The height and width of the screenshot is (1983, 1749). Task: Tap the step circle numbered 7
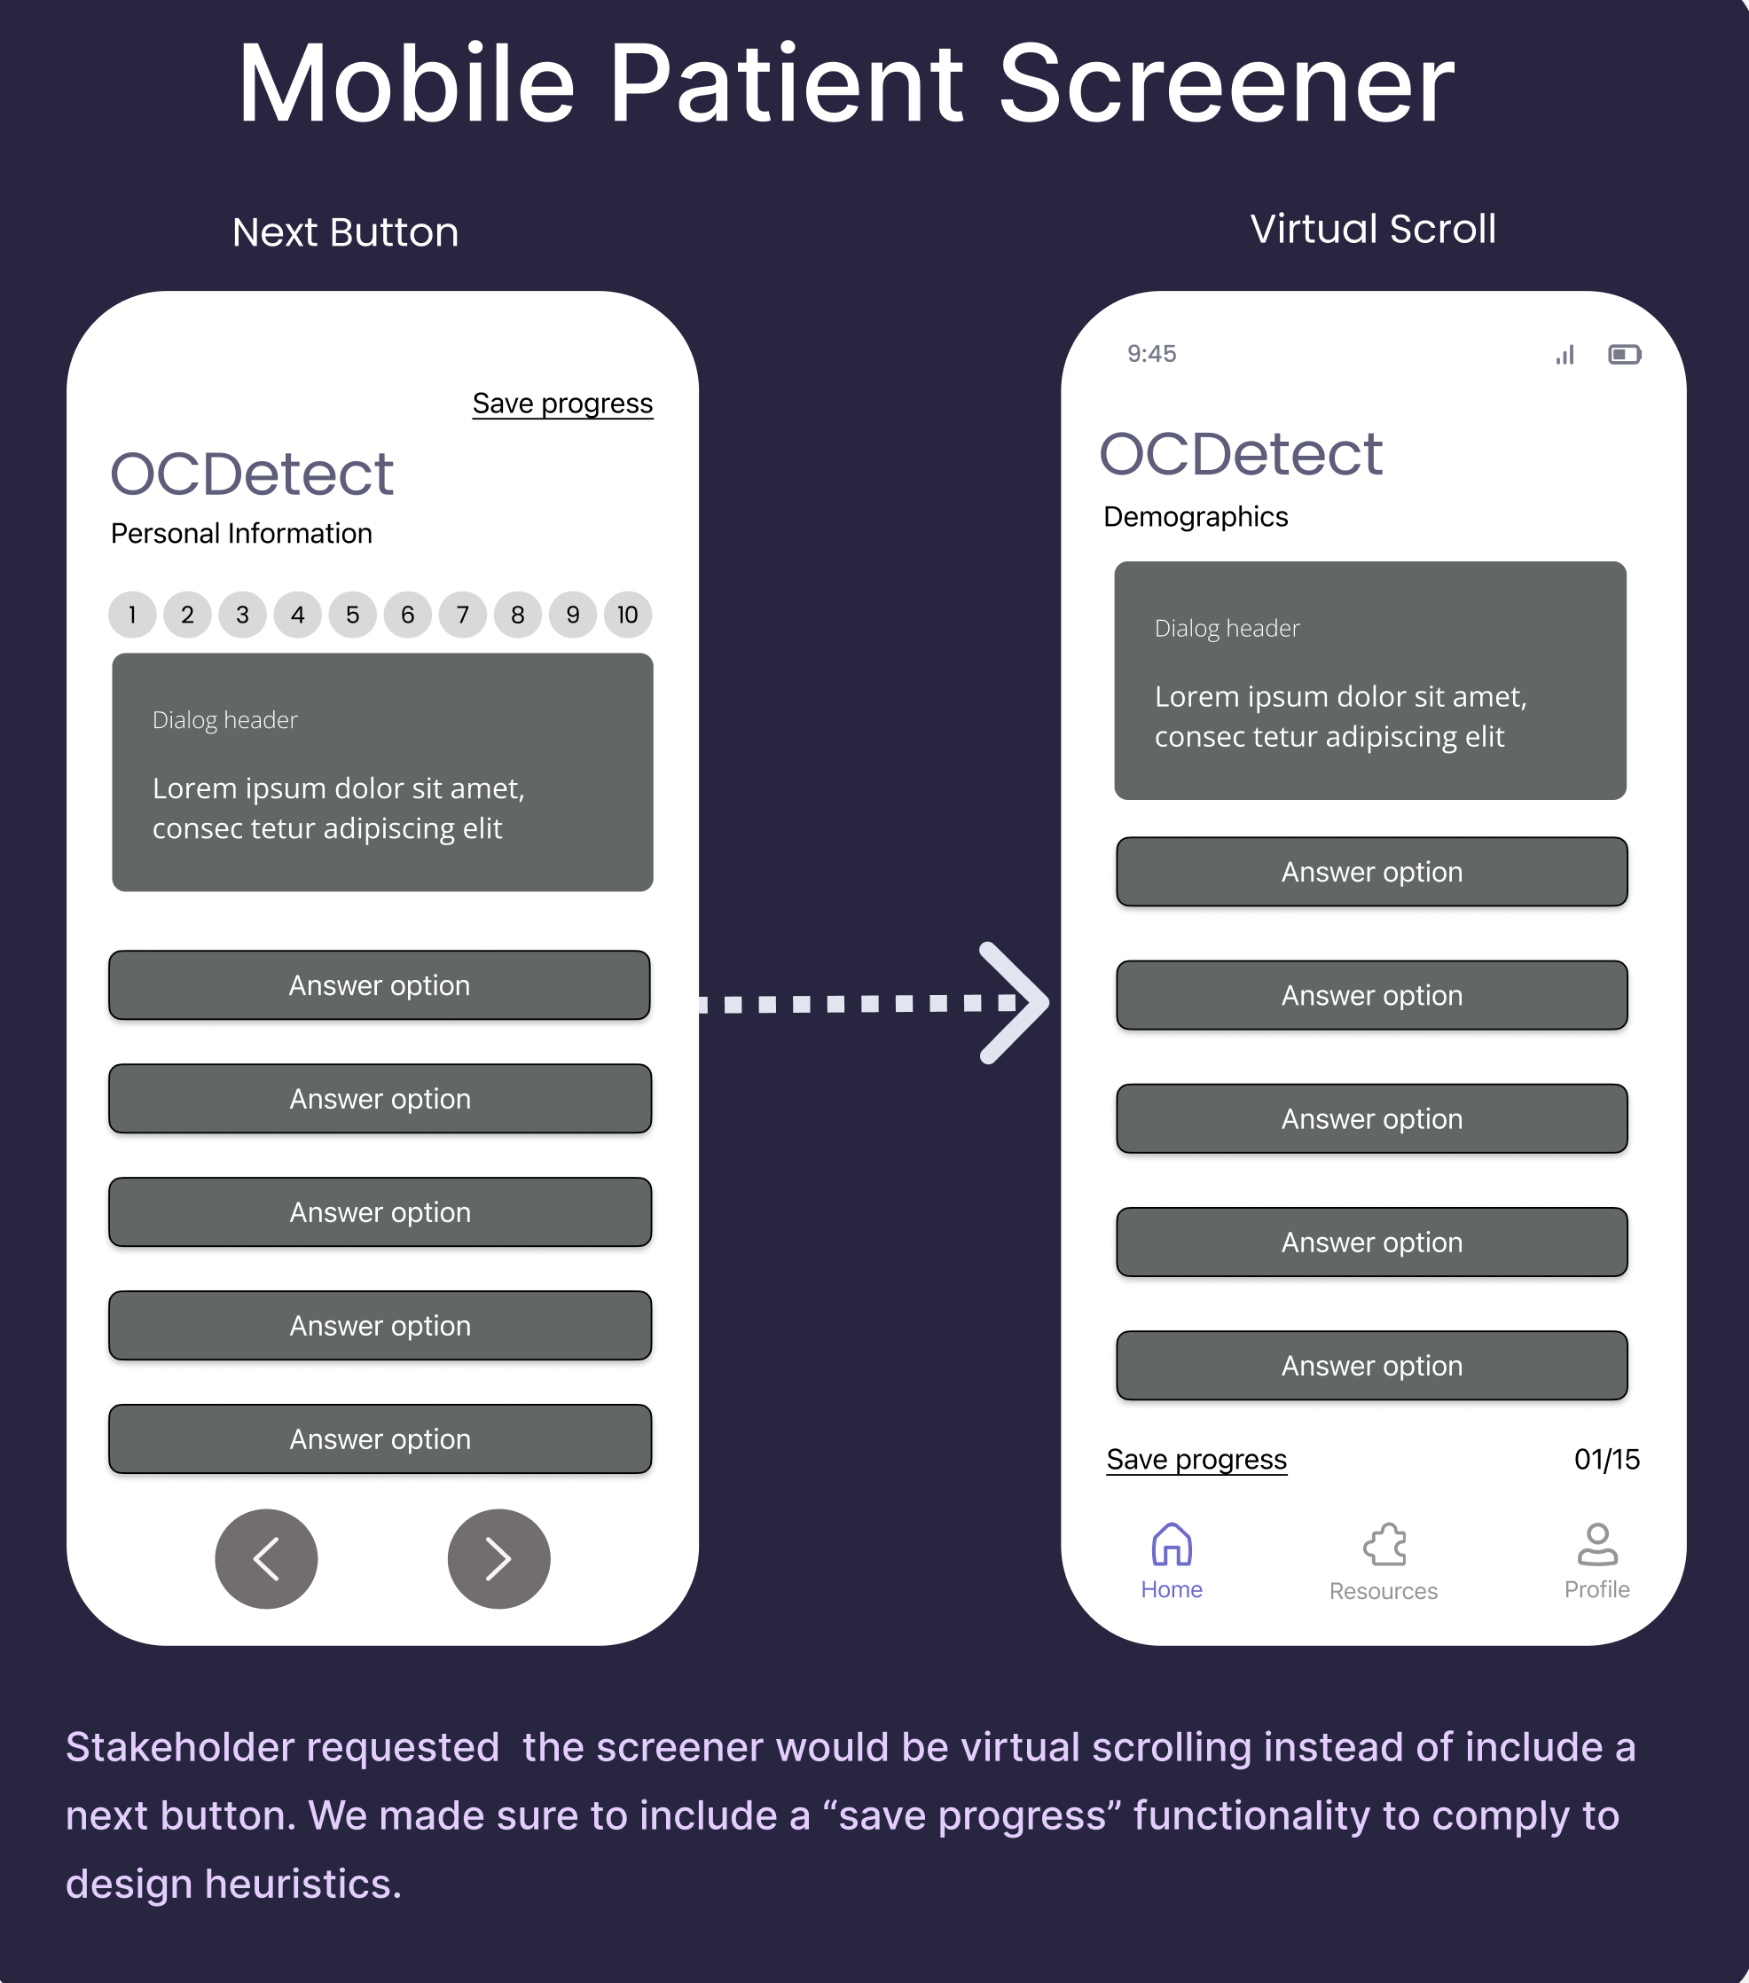(x=463, y=615)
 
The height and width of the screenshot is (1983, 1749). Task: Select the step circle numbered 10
(x=628, y=615)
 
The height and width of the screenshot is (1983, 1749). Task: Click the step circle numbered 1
(x=132, y=615)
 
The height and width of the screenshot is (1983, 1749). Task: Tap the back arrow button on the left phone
(x=266, y=1558)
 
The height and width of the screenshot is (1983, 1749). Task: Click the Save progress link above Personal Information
(x=562, y=404)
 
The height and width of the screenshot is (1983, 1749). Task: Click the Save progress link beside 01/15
(x=1196, y=1459)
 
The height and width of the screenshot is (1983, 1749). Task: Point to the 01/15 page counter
(x=1606, y=1459)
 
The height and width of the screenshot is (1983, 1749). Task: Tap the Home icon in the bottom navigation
(x=1172, y=1545)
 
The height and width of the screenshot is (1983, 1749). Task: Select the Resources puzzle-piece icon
(x=1384, y=1545)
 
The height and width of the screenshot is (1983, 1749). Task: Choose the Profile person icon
(x=1596, y=1545)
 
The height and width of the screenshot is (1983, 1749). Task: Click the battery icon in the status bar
(x=1625, y=354)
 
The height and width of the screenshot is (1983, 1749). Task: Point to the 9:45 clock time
(x=1151, y=354)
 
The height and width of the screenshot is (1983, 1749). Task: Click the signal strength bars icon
(x=1565, y=355)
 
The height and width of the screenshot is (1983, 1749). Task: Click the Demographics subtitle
(x=1195, y=516)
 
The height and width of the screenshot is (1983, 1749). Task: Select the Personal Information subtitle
(x=241, y=534)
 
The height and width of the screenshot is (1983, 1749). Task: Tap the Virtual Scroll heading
(x=1373, y=229)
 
